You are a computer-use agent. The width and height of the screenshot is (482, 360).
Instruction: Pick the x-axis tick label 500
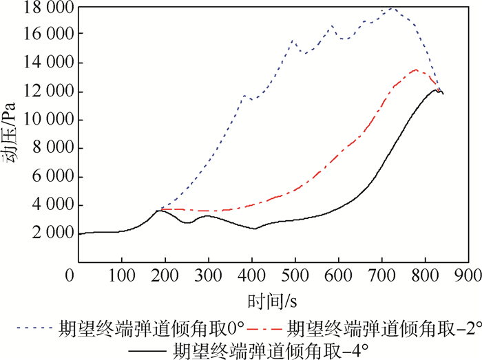click(x=339, y=275)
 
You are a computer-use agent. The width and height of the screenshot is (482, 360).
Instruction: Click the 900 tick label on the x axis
click(x=469, y=275)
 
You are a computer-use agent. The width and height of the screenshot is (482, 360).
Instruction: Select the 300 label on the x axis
click(x=209, y=275)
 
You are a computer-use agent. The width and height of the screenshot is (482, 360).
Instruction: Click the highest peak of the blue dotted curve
click(x=392, y=8)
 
